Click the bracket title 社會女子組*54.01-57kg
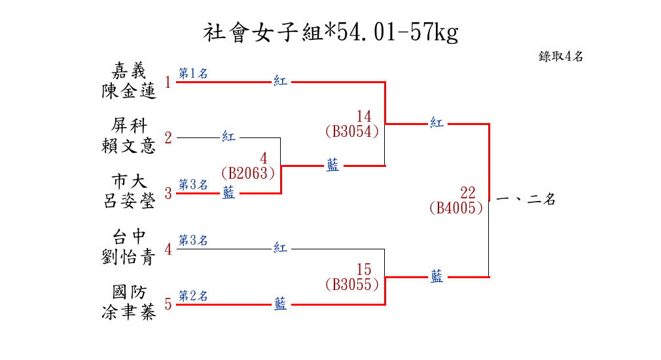pyautogui.click(x=330, y=32)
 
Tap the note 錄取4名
pyautogui.click(x=561, y=56)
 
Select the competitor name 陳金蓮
pyautogui.click(x=129, y=91)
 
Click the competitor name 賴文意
pyautogui.click(x=129, y=146)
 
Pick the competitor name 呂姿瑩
pyautogui.click(x=129, y=201)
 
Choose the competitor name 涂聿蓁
pyautogui.click(x=129, y=312)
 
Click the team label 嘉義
pyautogui.click(x=129, y=70)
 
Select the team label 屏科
pyautogui.click(x=129, y=126)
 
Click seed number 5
pyautogui.click(x=168, y=304)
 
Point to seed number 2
pyautogui.click(x=168, y=138)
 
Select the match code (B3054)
pyautogui.click(x=351, y=132)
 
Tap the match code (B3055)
pyautogui.click(x=351, y=285)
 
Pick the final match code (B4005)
pyautogui.click(x=456, y=208)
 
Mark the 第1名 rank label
pyautogui.click(x=193, y=74)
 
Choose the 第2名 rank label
pyautogui.click(x=193, y=296)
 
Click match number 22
pyautogui.click(x=468, y=193)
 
